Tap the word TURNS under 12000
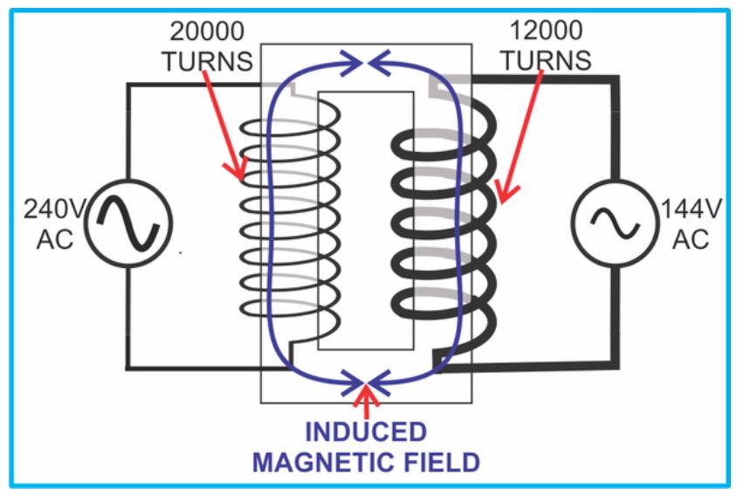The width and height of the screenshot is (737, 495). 548,60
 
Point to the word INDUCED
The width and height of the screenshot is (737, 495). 367,432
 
